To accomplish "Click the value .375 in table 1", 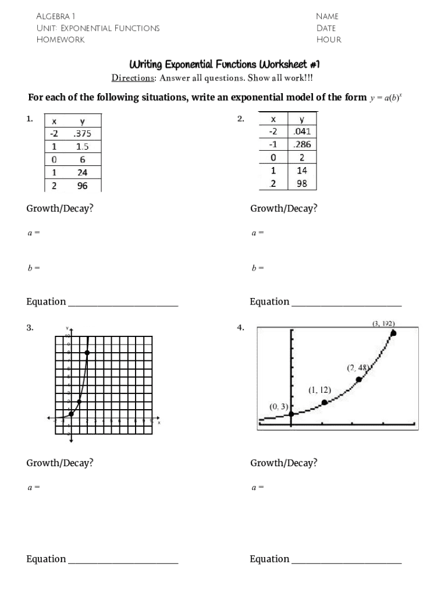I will tap(82, 134).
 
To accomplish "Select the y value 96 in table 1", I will tap(82, 186).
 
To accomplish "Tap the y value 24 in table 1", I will tap(82, 173).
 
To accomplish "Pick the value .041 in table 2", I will tap(303, 132).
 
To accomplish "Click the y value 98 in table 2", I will tap(303, 183).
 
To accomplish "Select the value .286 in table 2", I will tap(303, 144).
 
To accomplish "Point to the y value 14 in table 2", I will tap(303, 171).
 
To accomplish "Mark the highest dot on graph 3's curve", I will tap(87, 353).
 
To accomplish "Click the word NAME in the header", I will tap(327, 16).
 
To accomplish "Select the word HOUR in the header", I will tap(329, 40).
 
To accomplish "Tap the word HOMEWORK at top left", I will tap(61, 40).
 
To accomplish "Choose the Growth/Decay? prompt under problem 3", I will tap(60, 463).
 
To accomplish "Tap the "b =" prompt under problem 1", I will tap(33, 268).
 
